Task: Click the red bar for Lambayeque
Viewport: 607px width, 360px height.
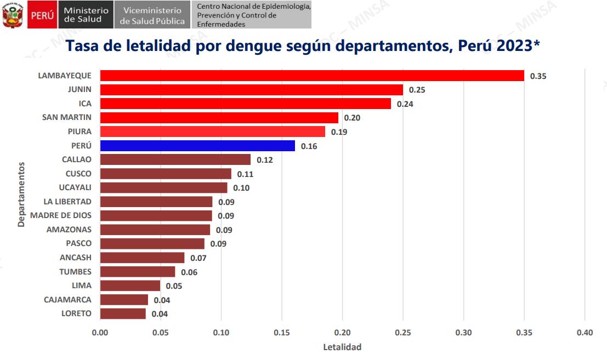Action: tap(311, 76)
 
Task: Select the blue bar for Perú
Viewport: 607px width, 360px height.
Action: tap(197, 146)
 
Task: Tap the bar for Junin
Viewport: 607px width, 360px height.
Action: tap(251, 90)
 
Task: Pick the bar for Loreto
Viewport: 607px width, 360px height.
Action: tap(123, 313)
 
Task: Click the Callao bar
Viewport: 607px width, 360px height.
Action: tap(175, 159)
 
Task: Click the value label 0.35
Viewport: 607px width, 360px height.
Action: tap(538, 76)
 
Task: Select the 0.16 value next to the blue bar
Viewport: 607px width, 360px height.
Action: tap(309, 146)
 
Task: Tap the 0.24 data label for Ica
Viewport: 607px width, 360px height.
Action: tap(405, 104)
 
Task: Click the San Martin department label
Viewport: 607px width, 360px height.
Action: tap(67, 117)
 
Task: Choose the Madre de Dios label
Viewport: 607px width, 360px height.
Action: tap(61, 215)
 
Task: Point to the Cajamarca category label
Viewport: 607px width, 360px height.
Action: tap(67, 300)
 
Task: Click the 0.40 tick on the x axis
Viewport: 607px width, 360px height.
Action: tap(585, 333)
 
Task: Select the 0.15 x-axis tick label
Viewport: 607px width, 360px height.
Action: tap(281, 333)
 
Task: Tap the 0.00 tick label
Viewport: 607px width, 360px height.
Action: tap(100, 333)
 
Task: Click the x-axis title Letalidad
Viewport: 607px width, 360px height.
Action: tap(342, 347)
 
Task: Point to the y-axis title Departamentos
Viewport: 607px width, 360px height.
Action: tap(21, 195)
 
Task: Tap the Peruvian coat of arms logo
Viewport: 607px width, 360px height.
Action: tap(12, 15)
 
